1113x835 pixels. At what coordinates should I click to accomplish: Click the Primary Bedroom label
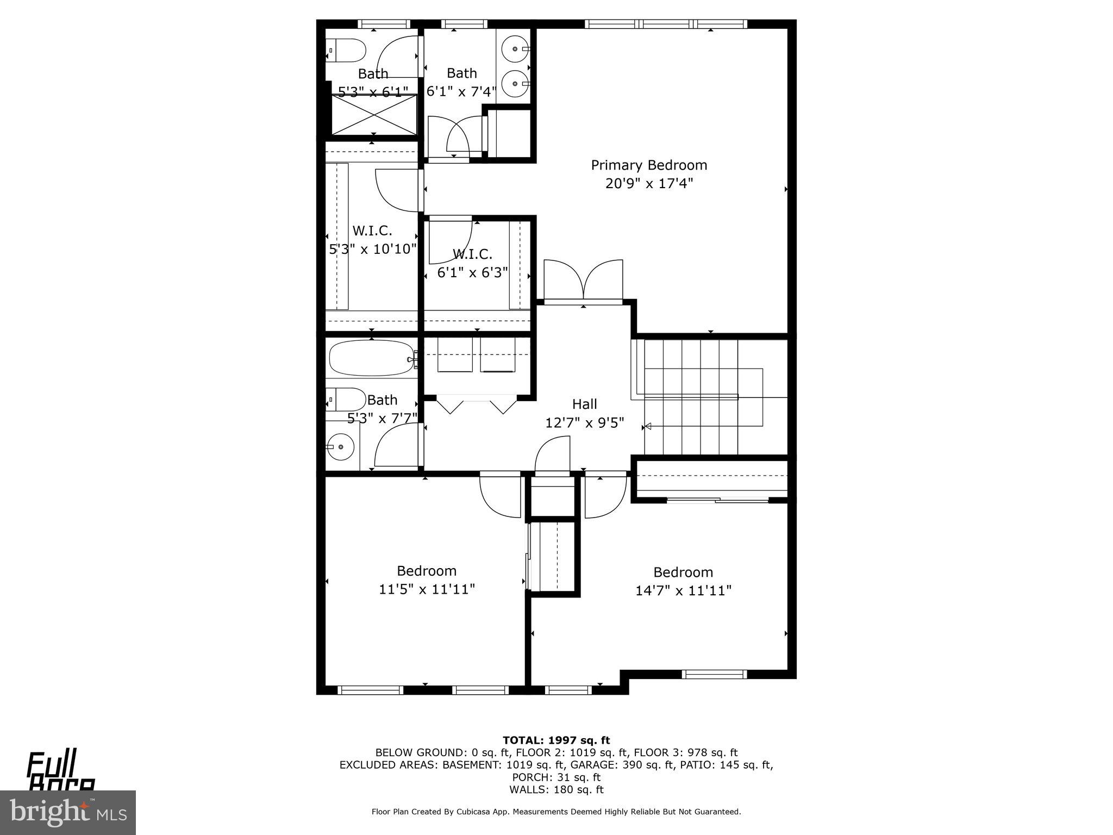pos(649,165)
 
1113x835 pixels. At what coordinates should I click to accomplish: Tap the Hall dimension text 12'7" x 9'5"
pos(584,422)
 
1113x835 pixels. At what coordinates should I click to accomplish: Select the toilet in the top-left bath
pos(347,51)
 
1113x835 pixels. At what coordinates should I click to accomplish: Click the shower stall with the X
pos(374,115)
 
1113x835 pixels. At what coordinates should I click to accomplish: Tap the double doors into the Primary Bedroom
pos(584,280)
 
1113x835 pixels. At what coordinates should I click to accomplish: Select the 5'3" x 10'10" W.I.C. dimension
pos(373,249)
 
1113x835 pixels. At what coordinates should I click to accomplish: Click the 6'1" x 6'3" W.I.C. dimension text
pos(472,272)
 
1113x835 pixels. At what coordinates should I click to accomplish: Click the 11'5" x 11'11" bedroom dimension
pos(427,589)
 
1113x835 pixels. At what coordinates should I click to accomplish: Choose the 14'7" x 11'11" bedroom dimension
pos(683,590)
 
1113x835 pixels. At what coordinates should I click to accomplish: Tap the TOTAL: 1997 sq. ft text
pos(556,740)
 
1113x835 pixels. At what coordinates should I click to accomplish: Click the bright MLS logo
pos(68,812)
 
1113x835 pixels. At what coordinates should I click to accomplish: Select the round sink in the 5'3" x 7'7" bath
pos(341,447)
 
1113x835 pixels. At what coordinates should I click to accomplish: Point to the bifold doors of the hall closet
pos(476,405)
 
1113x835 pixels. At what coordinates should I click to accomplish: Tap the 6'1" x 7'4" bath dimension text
pos(461,91)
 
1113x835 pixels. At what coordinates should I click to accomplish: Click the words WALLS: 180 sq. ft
pos(556,789)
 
